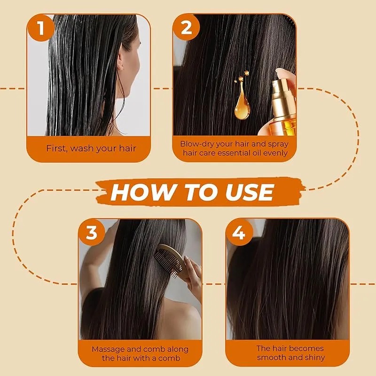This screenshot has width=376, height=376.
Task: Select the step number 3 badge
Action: [92, 232]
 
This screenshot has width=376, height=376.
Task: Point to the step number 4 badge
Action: [239, 232]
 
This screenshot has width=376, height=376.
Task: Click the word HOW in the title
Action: [135, 192]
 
